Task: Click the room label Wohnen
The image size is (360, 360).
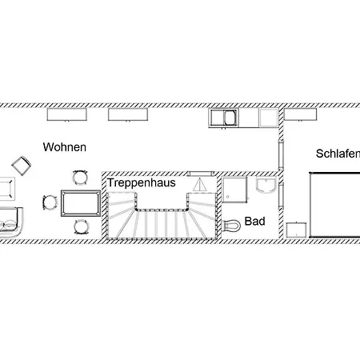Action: pos(65,147)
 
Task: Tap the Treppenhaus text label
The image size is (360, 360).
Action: pos(142,182)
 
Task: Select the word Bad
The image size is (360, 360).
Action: pos(254,221)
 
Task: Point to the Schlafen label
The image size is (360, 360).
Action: pos(337,154)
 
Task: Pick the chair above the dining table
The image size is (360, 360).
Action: pos(79,177)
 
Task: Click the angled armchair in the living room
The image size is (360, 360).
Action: pos(22,166)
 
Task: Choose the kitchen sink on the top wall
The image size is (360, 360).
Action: pos(223,118)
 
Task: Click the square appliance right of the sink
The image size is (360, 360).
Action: pos(268,118)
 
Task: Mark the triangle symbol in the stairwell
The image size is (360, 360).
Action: pos(202,184)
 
